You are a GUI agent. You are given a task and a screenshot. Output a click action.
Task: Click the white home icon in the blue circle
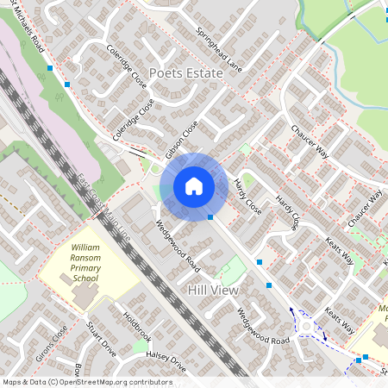194,185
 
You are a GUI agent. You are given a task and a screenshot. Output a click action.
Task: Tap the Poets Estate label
186,73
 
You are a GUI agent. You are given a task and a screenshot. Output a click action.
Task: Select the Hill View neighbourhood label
213,291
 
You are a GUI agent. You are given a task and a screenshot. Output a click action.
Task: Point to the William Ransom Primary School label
85,262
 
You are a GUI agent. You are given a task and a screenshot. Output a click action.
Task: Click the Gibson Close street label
182,139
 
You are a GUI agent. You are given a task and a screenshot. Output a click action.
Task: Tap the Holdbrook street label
136,325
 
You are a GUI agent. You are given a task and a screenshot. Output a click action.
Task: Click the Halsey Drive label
166,360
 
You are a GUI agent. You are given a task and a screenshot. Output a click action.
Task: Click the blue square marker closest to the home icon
210,217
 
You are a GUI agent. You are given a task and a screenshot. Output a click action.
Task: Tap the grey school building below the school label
84,295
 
